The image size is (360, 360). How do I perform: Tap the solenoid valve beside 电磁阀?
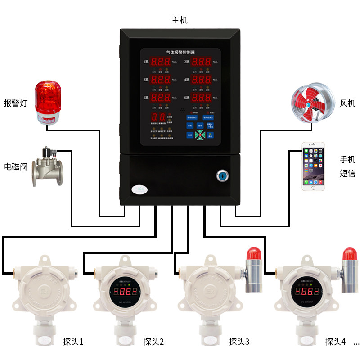(48, 166)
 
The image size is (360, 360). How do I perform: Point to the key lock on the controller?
(222, 175)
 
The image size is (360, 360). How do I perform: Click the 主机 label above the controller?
(180, 20)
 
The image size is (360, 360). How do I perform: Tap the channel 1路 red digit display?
(160, 63)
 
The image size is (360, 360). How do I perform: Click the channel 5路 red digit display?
(160, 98)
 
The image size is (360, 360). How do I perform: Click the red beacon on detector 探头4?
(350, 254)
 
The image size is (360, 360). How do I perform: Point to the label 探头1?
(73, 342)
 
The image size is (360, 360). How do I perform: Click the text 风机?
(347, 103)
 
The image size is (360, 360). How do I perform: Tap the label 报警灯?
(16, 103)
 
